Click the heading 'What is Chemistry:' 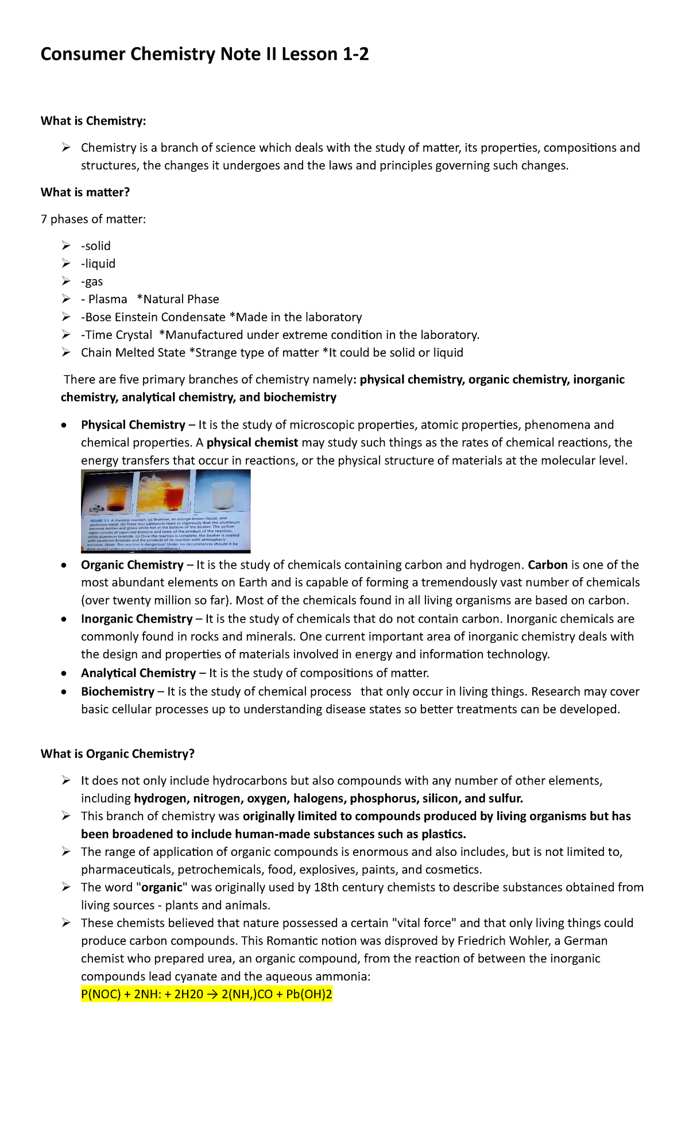tap(93, 121)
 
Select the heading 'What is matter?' tap(85, 192)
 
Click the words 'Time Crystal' tap(118, 335)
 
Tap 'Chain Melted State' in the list tap(133, 353)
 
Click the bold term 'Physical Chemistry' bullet tap(133, 425)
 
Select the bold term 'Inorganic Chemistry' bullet tap(136, 619)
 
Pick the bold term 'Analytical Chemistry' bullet tap(138, 673)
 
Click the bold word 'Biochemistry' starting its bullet tap(117, 692)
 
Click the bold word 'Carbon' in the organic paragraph tap(547, 565)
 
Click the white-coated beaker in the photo tap(221, 494)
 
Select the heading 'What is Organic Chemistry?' tap(117, 754)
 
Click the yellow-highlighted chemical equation tap(207, 994)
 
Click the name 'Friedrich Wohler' tap(504, 941)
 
